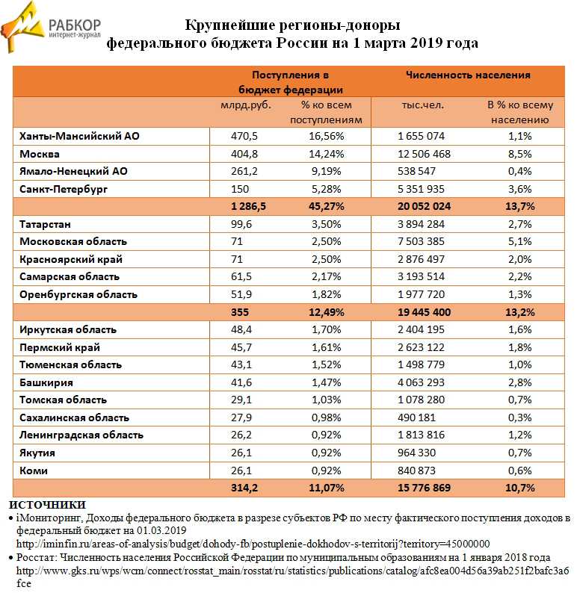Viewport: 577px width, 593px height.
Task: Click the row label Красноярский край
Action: [71, 259]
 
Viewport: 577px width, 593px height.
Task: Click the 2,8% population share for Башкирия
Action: [519, 382]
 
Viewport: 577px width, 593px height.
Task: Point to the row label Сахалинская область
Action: [75, 417]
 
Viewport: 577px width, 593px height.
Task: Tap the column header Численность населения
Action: [468, 75]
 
